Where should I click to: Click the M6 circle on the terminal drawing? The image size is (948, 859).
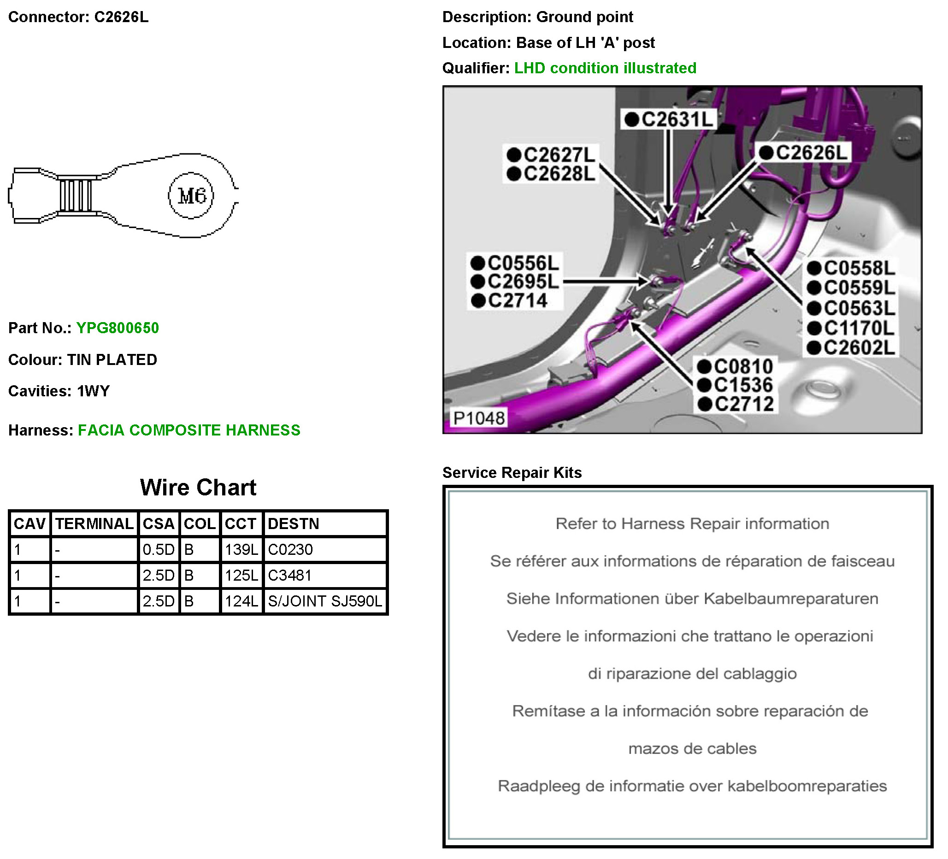point(191,195)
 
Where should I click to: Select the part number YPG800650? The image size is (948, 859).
point(118,328)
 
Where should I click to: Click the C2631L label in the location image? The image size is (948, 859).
point(670,119)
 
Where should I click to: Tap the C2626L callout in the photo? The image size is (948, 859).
point(805,153)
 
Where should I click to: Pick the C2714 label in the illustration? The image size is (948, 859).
point(510,301)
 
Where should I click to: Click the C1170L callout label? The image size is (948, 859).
point(852,328)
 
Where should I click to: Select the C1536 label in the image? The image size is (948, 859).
point(736,385)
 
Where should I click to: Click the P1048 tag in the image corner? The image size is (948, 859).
point(479,418)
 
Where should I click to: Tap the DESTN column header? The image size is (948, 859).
point(294,524)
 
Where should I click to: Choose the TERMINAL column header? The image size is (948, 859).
point(94,524)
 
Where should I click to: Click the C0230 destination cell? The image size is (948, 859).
point(290,550)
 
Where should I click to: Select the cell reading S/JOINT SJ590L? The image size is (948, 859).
point(325,601)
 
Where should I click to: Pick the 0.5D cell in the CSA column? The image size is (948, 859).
point(159,550)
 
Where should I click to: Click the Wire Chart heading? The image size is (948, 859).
point(198,488)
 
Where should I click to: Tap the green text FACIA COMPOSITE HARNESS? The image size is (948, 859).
point(189,430)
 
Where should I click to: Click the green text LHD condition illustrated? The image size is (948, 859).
point(605,68)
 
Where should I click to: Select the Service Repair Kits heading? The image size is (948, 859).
point(512,472)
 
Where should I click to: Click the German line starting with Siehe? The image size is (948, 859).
point(692,599)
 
